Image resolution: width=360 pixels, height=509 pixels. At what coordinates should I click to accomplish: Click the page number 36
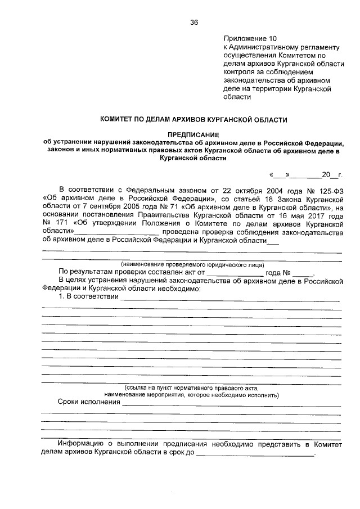point(194,22)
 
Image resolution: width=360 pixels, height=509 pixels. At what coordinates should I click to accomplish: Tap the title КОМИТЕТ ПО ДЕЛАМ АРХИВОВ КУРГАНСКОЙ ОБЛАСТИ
point(193,119)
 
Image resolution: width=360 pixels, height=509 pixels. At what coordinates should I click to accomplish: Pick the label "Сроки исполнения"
point(89,403)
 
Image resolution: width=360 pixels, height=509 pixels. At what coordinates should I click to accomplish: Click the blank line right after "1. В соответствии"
point(231,298)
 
